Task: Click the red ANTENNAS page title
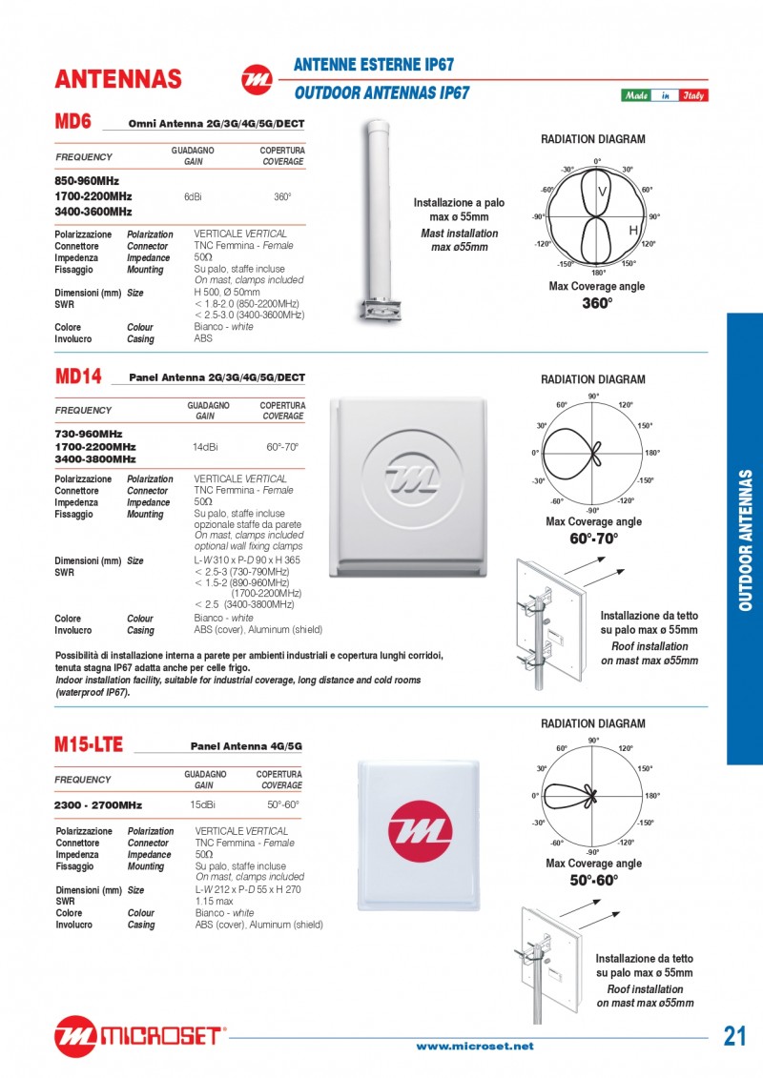click(118, 78)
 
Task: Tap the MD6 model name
click(72, 122)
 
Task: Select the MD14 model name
click(78, 376)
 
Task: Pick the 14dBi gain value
click(205, 446)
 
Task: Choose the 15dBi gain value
click(202, 804)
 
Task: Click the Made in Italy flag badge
click(665, 95)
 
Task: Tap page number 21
click(734, 1037)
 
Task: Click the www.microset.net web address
click(475, 1047)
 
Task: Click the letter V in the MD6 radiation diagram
click(602, 193)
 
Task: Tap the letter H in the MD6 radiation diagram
click(632, 232)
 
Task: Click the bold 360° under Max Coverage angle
click(597, 304)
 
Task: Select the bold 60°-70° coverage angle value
click(594, 539)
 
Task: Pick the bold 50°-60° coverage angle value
click(594, 880)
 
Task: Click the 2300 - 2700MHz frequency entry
click(98, 805)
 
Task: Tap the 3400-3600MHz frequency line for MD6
click(93, 212)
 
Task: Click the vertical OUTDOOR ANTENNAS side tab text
click(745, 539)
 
